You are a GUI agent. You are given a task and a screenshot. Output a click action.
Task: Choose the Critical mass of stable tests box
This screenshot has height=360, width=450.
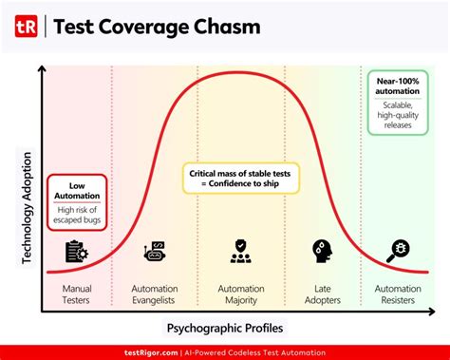click(x=241, y=178)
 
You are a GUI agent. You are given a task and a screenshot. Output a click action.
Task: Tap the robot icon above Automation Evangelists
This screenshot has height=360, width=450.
click(x=155, y=252)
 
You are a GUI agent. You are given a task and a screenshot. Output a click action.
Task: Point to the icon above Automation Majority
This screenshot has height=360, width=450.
click(x=239, y=252)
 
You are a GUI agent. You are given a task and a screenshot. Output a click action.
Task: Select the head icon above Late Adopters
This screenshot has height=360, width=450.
click(x=320, y=252)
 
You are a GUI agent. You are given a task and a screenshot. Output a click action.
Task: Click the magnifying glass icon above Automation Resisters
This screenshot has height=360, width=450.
click(x=397, y=252)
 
